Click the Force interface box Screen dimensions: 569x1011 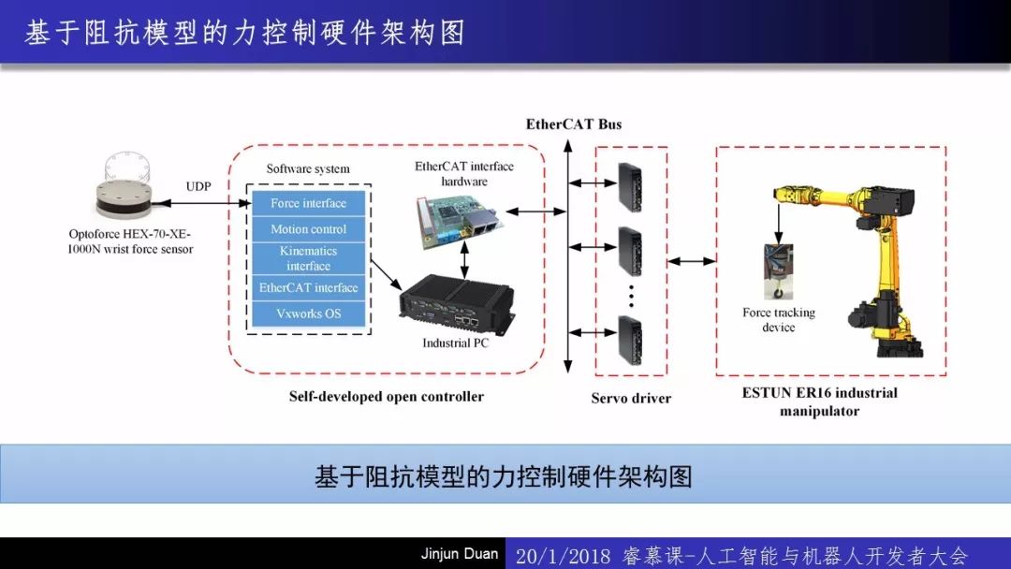point(308,203)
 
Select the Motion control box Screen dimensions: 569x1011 point(308,229)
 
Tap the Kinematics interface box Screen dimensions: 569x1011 point(308,258)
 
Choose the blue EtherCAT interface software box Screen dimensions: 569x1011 point(308,288)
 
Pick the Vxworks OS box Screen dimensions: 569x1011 point(308,314)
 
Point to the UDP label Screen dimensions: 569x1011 point(198,186)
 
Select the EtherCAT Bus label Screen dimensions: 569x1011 point(573,124)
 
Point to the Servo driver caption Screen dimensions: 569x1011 point(631,398)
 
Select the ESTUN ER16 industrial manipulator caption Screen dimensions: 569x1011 point(819,401)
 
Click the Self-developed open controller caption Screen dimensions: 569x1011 point(386,397)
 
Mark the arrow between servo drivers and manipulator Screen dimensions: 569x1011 point(692,262)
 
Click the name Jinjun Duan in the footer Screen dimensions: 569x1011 point(459,554)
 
